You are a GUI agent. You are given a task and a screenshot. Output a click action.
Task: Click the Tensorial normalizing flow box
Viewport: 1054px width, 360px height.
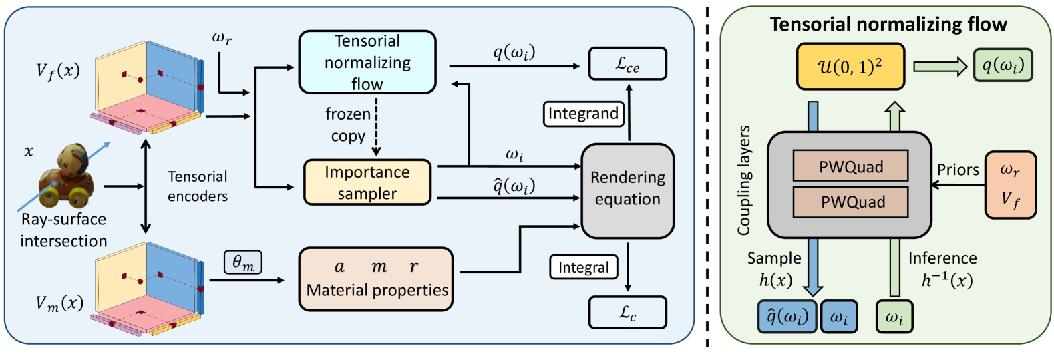[x=367, y=62]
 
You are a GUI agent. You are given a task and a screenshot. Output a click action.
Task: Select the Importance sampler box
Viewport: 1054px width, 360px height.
[x=367, y=182]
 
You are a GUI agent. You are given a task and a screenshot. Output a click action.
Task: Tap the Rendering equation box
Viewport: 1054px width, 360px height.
[x=628, y=191]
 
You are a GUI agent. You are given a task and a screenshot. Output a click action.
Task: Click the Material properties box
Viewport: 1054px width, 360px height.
[x=376, y=279]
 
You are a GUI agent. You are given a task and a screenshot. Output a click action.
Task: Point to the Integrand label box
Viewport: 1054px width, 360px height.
[x=584, y=114]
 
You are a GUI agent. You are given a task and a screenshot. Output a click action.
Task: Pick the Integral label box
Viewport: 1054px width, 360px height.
[x=584, y=267]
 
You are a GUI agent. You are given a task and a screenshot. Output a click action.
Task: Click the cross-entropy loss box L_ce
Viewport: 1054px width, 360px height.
[x=628, y=63]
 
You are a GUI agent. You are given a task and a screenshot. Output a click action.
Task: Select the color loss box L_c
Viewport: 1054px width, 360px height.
[x=628, y=312]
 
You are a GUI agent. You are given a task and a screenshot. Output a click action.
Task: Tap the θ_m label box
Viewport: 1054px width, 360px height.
[x=243, y=262]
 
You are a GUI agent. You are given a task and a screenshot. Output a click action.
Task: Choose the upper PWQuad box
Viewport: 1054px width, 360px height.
[x=850, y=166]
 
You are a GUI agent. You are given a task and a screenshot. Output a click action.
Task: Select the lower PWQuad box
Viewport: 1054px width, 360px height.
[x=850, y=202]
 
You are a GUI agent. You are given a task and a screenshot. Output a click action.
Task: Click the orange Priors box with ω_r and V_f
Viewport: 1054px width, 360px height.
[x=1010, y=185]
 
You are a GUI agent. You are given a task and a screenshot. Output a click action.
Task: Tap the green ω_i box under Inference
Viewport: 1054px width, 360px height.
[x=894, y=317]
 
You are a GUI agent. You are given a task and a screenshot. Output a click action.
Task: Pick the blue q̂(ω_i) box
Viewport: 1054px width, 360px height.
[x=787, y=317]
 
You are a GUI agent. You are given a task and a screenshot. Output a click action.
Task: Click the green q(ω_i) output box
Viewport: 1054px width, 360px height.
[x=1003, y=65]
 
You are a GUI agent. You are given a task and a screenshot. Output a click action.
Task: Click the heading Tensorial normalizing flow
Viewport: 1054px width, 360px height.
[x=888, y=25]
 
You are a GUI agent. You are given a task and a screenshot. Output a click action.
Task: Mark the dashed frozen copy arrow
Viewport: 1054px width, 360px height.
[x=377, y=127]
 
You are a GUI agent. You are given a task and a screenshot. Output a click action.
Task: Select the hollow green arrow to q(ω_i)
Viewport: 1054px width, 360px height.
[x=940, y=67]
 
